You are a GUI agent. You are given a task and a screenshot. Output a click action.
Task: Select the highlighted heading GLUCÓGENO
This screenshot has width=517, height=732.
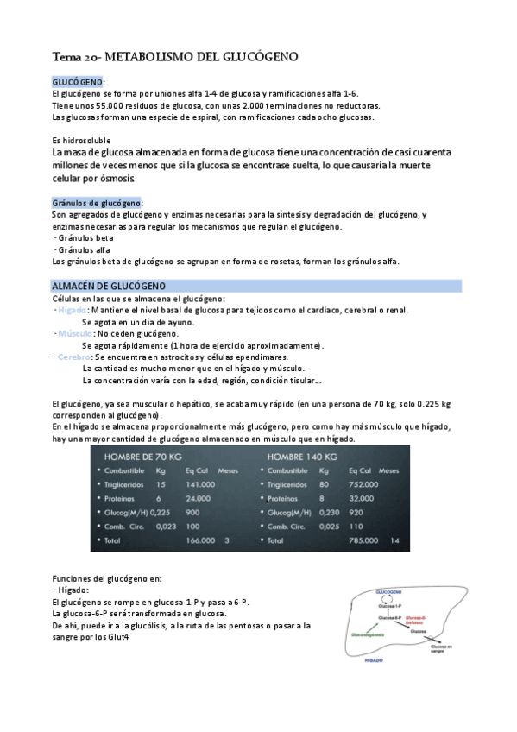[76, 81]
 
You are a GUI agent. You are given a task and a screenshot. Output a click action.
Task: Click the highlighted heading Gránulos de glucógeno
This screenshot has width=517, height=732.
[97, 202]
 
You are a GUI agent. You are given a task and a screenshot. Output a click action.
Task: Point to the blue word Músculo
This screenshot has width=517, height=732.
[75, 333]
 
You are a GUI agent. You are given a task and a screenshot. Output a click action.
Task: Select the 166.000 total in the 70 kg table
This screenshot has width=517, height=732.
[200, 540]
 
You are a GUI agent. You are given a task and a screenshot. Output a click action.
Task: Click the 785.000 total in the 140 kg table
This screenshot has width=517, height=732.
[363, 540]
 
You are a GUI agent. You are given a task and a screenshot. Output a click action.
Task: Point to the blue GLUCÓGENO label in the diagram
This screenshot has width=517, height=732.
[384, 592]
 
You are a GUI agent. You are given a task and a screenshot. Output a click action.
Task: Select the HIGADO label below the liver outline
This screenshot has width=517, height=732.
[375, 659]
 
